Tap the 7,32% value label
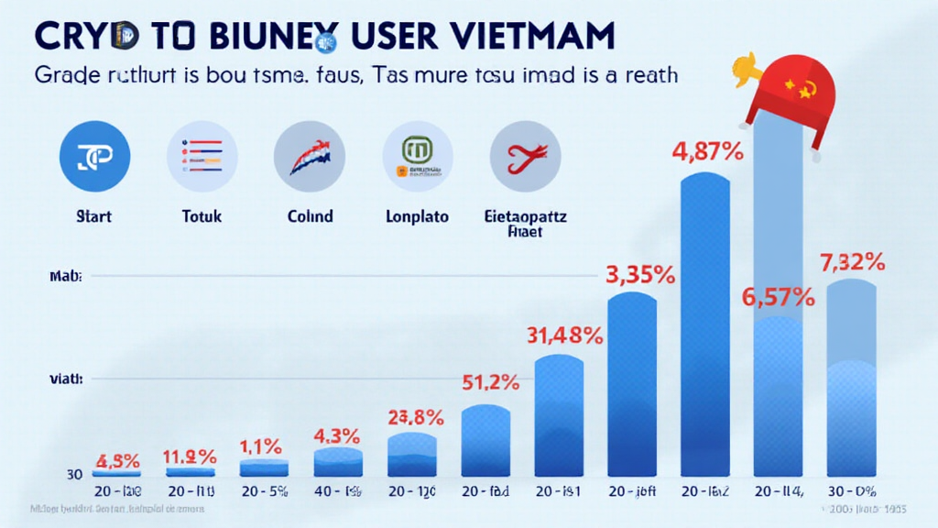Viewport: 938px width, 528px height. click(x=852, y=262)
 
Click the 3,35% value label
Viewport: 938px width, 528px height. click(x=640, y=273)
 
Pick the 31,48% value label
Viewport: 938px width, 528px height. click(x=564, y=336)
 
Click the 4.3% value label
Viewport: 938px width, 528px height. click(x=338, y=435)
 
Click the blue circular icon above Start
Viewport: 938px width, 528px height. click(x=94, y=156)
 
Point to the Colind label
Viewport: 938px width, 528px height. click(x=310, y=217)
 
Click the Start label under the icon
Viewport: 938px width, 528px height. click(x=94, y=217)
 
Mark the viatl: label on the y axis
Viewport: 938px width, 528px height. click(x=67, y=379)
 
